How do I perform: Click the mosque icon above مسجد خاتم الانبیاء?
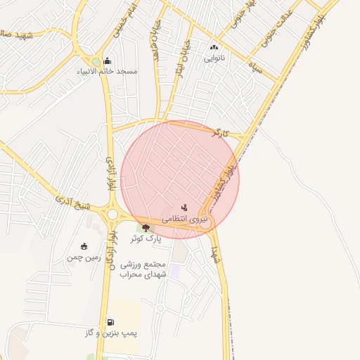(x=107, y=60)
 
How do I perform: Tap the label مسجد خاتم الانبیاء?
(x=108, y=72)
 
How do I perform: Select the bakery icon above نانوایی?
(x=214, y=47)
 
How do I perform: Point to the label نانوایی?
(x=214, y=58)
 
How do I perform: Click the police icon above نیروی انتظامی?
(x=184, y=207)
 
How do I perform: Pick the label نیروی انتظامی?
(x=184, y=219)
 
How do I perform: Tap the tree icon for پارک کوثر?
(x=146, y=227)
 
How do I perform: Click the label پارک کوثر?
(x=146, y=238)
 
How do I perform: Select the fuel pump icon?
(x=110, y=322)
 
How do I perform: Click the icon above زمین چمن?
(x=84, y=246)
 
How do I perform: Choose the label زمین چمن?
(x=84, y=257)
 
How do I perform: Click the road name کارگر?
(x=220, y=132)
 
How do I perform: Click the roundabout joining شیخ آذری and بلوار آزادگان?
(x=112, y=214)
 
